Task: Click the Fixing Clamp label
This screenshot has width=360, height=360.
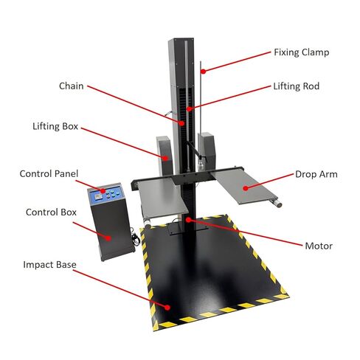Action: [x=302, y=52]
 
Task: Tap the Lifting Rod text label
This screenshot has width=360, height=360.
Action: [x=297, y=86]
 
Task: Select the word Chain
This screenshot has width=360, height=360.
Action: [x=72, y=86]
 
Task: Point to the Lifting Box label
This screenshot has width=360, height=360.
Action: [x=55, y=126]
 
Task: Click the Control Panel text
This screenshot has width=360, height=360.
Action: [x=49, y=174]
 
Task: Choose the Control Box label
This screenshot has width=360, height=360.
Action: [x=51, y=212]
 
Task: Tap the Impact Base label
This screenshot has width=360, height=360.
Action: [x=49, y=265]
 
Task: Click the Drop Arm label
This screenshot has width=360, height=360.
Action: [x=316, y=174]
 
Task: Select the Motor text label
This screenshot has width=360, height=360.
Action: [x=319, y=246]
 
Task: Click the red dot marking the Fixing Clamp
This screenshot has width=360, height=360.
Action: [x=203, y=72]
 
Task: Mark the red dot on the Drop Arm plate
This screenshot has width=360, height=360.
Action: [x=246, y=188]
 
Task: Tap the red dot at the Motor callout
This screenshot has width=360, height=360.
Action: [x=188, y=220]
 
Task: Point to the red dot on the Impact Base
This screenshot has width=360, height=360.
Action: [x=167, y=308]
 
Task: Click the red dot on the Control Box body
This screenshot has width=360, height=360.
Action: [x=108, y=238]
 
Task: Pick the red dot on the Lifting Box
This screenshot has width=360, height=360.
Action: [x=166, y=158]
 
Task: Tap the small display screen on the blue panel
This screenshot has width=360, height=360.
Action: [x=98, y=196]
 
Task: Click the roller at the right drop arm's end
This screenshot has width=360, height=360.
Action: [x=276, y=203]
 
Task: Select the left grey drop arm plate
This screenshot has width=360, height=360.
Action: [x=162, y=197]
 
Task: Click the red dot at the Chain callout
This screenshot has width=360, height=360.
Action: [x=181, y=123]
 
